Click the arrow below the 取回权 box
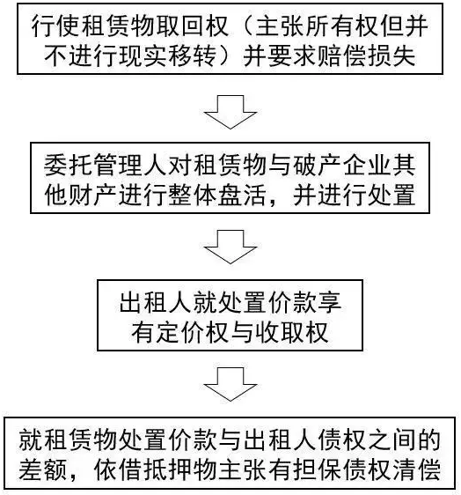pos(230,112)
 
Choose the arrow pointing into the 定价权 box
pos(230,247)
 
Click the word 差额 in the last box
pos(43,469)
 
